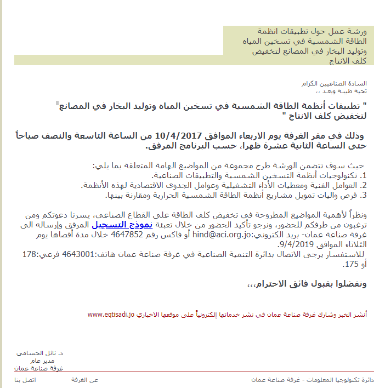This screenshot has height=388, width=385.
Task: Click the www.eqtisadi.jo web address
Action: (111, 315)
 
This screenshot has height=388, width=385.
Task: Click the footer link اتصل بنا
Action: (25, 380)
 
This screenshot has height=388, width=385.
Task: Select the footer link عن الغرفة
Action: (85, 380)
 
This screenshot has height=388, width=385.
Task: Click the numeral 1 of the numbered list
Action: (364, 175)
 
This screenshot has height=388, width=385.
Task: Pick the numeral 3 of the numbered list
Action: (364, 194)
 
